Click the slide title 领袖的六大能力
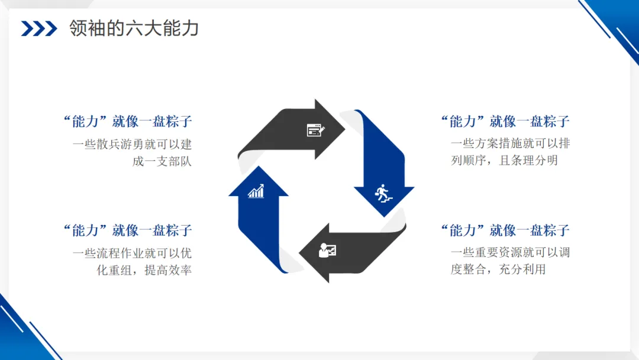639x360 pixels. coord(133,28)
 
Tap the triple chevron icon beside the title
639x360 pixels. coord(39,28)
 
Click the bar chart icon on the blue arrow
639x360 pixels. coord(256,191)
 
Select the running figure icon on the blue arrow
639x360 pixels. coord(383,193)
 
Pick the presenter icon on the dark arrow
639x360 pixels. coord(327,250)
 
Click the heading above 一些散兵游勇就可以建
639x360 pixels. coord(127,121)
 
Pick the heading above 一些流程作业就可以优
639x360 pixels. coord(127,230)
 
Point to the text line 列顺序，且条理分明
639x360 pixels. coord(504,160)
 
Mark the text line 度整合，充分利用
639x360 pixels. coord(498,269)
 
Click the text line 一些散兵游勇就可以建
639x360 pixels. coord(132,144)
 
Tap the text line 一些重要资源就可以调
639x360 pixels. coord(510,253)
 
